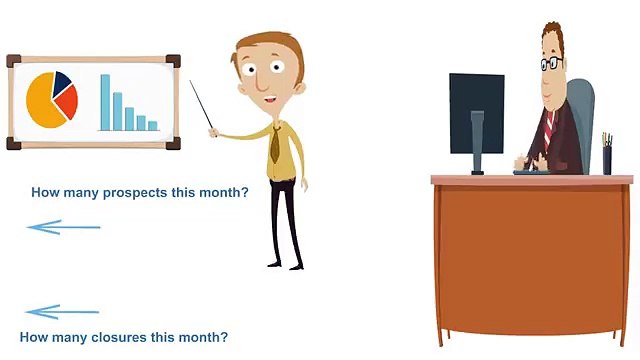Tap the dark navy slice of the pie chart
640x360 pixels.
[x=62, y=80]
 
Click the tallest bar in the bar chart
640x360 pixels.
[x=104, y=102]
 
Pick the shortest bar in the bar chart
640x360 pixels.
[x=153, y=125]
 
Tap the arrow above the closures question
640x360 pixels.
[x=62, y=312]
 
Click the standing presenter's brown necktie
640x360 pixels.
[x=274, y=145]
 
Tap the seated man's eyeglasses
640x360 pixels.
[x=551, y=63]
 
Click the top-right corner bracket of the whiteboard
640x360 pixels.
[x=173, y=61]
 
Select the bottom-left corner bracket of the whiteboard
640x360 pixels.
[x=12, y=143]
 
